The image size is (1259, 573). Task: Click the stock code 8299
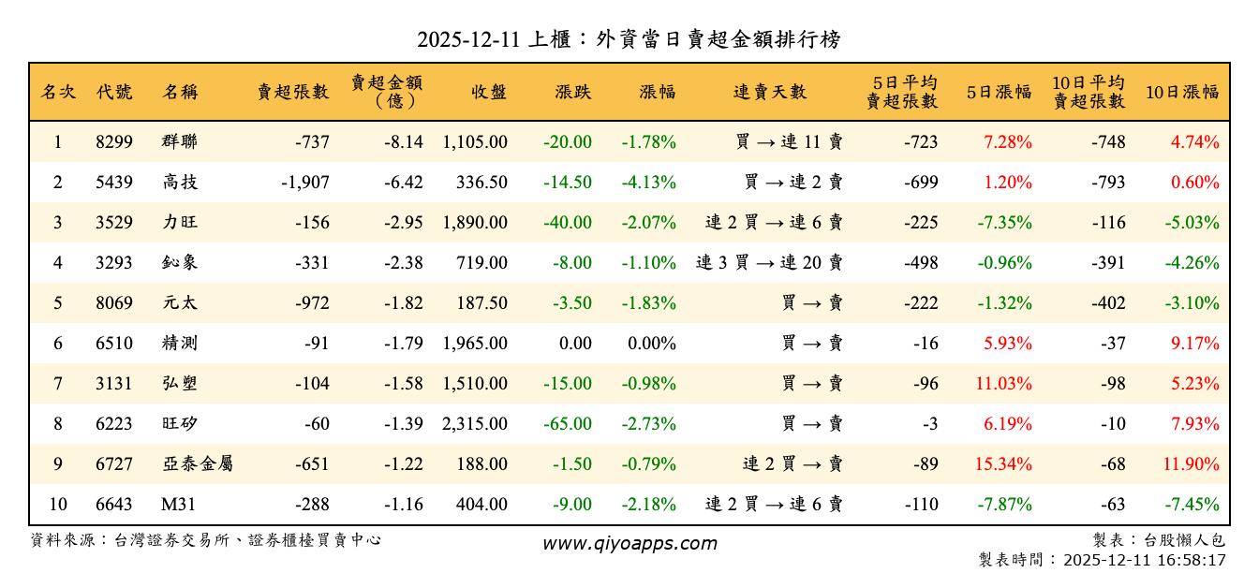click(x=114, y=142)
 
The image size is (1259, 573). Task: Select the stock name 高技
click(x=180, y=183)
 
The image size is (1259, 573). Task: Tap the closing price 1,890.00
click(x=475, y=223)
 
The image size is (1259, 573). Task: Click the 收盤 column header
click(x=489, y=92)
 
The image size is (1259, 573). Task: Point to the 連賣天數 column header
click(x=769, y=92)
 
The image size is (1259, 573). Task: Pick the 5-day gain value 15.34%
click(x=1008, y=464)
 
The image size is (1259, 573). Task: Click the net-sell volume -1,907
click(x=304, y=183)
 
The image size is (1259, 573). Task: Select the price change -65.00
click(x=568, y=424)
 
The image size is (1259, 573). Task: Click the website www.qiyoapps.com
click(x=629, y=543)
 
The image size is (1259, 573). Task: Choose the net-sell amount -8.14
click(x=404, y=142)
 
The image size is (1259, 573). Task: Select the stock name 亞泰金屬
click(x=197, y=464)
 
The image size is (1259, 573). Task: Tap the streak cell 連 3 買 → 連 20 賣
click(x=769, y=263)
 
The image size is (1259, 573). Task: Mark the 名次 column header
click(x=58, y=92)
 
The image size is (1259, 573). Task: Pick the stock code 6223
click(x=114, y=424)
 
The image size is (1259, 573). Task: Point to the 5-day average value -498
click(x=921, y=263)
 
